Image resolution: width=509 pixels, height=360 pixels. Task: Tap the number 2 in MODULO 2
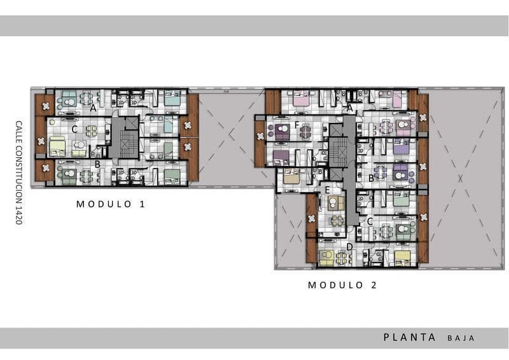click(374, 285)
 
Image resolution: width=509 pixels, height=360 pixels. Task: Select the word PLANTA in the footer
click(410, 338)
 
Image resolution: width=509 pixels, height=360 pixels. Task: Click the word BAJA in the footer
click(461, 338)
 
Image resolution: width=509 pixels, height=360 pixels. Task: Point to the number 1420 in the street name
click(19, 214)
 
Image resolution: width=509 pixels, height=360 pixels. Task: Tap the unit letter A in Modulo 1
click(93, 108)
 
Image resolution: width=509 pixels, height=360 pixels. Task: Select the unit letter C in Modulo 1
click(74, 129)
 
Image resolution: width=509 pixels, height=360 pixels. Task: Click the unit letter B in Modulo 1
click(97, 164)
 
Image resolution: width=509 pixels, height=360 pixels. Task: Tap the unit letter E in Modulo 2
click(327, 189)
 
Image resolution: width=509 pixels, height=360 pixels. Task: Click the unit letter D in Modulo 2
click(349, 247)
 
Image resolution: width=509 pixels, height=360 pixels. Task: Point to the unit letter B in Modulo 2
click(371, 178)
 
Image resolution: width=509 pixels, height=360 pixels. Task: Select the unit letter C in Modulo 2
click(370, 221)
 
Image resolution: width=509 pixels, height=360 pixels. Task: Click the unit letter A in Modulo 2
click(349, 108)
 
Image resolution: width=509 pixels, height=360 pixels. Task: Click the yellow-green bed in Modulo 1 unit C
click(58, 146)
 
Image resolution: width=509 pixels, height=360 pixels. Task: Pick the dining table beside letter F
click(306, 132)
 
